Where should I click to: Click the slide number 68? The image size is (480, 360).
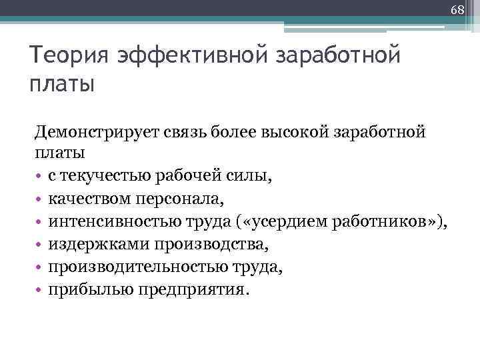pyautogui.click(x=457, y=10)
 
